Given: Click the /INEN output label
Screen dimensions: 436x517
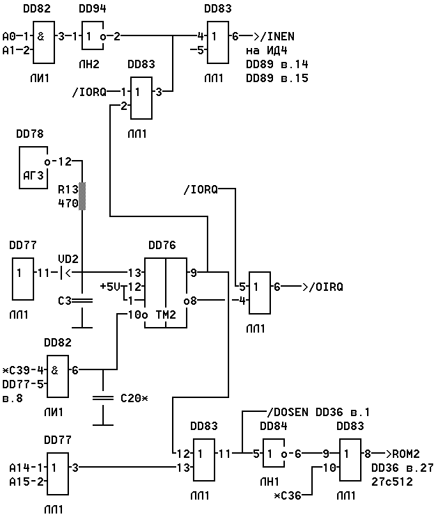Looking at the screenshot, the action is (x=277, y=36).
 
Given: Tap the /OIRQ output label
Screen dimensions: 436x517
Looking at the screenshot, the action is (x=326, y=287).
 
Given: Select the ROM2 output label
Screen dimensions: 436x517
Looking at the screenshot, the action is (x=406, y=454).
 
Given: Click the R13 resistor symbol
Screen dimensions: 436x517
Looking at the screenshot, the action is (x=82, y=196).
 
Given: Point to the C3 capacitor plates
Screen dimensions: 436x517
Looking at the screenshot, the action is (x=82, y=301).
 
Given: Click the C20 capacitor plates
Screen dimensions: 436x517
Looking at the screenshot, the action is (x=103, y=398).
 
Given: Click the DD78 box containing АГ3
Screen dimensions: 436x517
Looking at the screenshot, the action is (x=33, y=168).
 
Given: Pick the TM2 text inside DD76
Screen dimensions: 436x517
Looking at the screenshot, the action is (x=166, y=315).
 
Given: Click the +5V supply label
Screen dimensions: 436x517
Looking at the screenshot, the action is (x=110, y=287).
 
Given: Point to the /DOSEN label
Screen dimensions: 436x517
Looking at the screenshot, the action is (x=288, y=412).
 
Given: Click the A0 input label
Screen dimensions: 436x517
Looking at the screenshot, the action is (x=9, y=36).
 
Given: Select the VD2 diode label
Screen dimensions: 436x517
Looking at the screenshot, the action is (x=68, y=259).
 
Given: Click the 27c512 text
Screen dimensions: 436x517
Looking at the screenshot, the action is (x=391, y=482).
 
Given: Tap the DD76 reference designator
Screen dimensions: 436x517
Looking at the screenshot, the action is (x=162, y=245).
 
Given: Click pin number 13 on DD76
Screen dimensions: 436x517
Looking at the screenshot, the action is (x=134, y=273).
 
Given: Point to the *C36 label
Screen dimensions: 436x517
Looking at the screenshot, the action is (x=288, y=495).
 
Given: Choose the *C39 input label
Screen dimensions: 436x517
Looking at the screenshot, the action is (x=16, y=370).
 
